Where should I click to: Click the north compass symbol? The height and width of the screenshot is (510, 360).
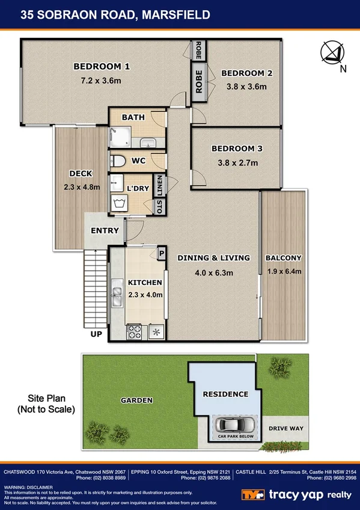coord(332,53)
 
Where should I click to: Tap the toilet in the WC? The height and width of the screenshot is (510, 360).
coord(119,161)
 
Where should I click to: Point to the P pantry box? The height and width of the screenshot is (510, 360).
coord(160,254)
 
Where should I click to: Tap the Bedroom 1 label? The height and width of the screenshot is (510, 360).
coord(102,66)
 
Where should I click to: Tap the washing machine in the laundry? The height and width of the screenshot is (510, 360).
coord(118,203)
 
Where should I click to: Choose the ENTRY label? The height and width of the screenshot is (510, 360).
coord(105,230)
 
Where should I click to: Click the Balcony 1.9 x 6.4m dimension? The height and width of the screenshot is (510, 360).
coord(283,272)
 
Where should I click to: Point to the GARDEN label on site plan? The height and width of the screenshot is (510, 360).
coord(136,400)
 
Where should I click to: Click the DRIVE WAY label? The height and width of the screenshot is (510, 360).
coord(285,429)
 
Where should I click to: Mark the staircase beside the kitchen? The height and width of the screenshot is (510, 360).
coord(95,289)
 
